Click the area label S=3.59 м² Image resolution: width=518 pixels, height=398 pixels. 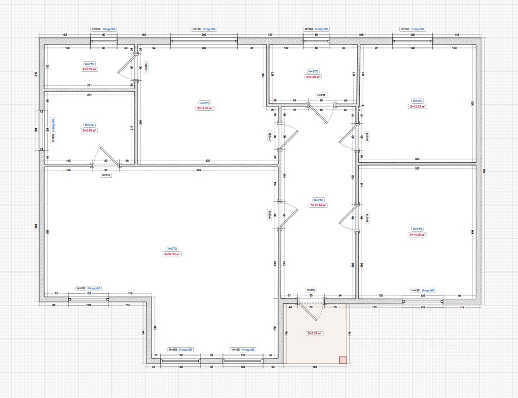pos(90,70)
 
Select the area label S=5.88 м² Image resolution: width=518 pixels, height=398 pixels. pos(90,131)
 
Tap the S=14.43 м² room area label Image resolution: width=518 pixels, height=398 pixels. pos(204,109)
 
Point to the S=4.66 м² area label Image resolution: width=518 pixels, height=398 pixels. pos(313,77)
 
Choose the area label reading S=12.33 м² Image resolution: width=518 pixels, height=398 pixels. pos(417,106)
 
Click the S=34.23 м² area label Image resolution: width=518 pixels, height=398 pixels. pos(172,254)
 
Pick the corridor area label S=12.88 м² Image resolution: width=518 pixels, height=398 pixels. pos(318,205)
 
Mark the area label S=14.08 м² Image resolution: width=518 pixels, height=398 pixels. pos(417,235)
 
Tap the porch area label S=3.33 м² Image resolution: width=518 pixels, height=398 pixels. pos(314,333)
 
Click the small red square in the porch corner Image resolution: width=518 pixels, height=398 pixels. pos(343,360)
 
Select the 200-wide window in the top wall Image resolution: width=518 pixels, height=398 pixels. pos(204,41)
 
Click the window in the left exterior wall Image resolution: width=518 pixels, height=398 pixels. pos(41,129)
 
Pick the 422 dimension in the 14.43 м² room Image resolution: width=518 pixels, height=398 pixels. pos(208,161)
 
